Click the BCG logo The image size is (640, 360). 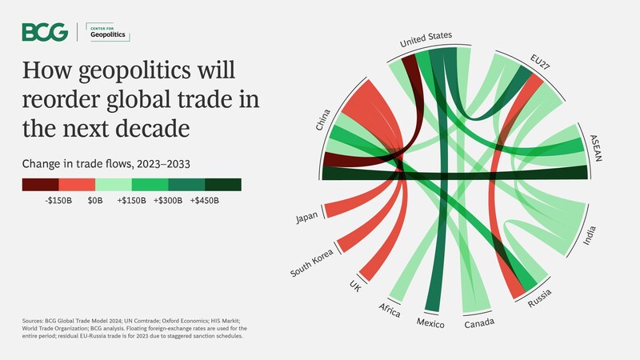click(45, 32)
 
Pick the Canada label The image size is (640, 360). click(479, 323)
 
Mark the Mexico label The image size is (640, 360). click(430, 324)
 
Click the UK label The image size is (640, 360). click(355, 286)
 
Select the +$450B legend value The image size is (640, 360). click(204, 201)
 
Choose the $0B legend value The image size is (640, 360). click(95, 201)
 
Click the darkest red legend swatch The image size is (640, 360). click(40, 185)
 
